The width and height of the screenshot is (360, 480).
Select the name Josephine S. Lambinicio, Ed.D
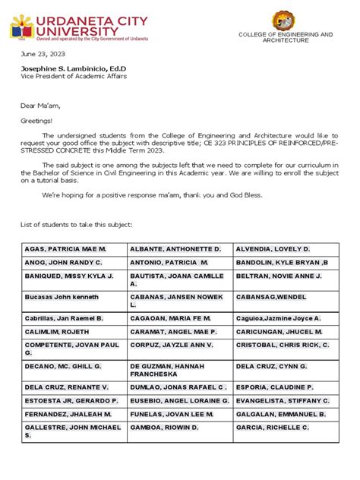(73, 69)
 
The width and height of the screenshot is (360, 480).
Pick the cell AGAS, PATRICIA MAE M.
(66, 249)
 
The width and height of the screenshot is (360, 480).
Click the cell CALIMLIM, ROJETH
(55, 333)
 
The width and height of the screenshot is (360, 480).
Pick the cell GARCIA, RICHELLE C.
(274, 428)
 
